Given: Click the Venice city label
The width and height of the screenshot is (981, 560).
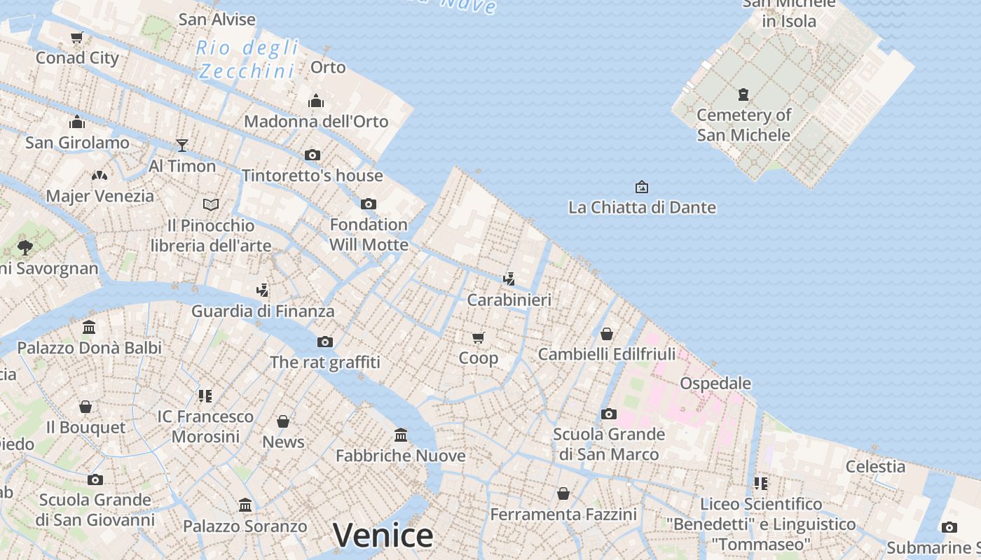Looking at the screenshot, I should pyautogui.click(x=383, y=535).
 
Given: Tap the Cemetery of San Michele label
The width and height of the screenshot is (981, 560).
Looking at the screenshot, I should pyautogui.click(x=743, y=125).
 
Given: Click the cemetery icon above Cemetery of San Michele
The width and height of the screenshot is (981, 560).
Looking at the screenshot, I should pyautogui.click(x=743, y=94).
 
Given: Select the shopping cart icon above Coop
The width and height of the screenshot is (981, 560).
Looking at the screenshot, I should pyautogui.click(x=479, y=338).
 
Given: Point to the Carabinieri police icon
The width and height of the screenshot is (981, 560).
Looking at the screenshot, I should pyautogui.click(x=509, y=279).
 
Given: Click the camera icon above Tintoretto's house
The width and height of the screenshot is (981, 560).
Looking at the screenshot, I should pyautogui.click(x=313, y=155).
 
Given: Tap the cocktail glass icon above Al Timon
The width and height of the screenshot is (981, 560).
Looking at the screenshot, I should pyautogui.click(x=182, y=145).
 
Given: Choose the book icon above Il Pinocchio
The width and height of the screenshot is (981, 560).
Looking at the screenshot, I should pyautogui.click(x=211, y=204).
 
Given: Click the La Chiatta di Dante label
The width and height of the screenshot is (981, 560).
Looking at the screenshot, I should pyautogui.click(x=642, y=207).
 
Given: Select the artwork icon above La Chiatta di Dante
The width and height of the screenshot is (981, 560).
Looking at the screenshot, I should pyautogui.click(x=641, y=187).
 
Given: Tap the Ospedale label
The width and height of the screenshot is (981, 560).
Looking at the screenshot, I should pyautogui.click(x=715, y=383).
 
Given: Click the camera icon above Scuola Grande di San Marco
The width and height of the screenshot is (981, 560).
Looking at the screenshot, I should pyautogui.click(x=609, y=414).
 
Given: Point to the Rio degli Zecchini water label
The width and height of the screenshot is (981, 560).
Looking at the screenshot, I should pyautogui.click(x=247, y=59).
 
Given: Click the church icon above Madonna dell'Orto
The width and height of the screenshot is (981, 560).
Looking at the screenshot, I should pyautogui.click(x=316, y=101).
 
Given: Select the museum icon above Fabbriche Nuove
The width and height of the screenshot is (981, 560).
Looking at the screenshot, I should pyautogui.click(x=401, y=435).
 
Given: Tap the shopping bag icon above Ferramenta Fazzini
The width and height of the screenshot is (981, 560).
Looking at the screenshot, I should pyautogui.click(x=563, y=494).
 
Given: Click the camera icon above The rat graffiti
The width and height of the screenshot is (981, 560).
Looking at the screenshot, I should pyautogui.click(x=325, y=342).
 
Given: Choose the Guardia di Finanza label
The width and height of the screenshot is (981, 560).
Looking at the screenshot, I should pyautogui.click(x=263, y=311).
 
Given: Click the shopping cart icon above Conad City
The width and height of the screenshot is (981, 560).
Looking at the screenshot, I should pyautogui.click(x=77, y=37).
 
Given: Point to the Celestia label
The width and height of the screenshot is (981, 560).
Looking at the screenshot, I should pyautogui.click(x=875, y=466).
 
